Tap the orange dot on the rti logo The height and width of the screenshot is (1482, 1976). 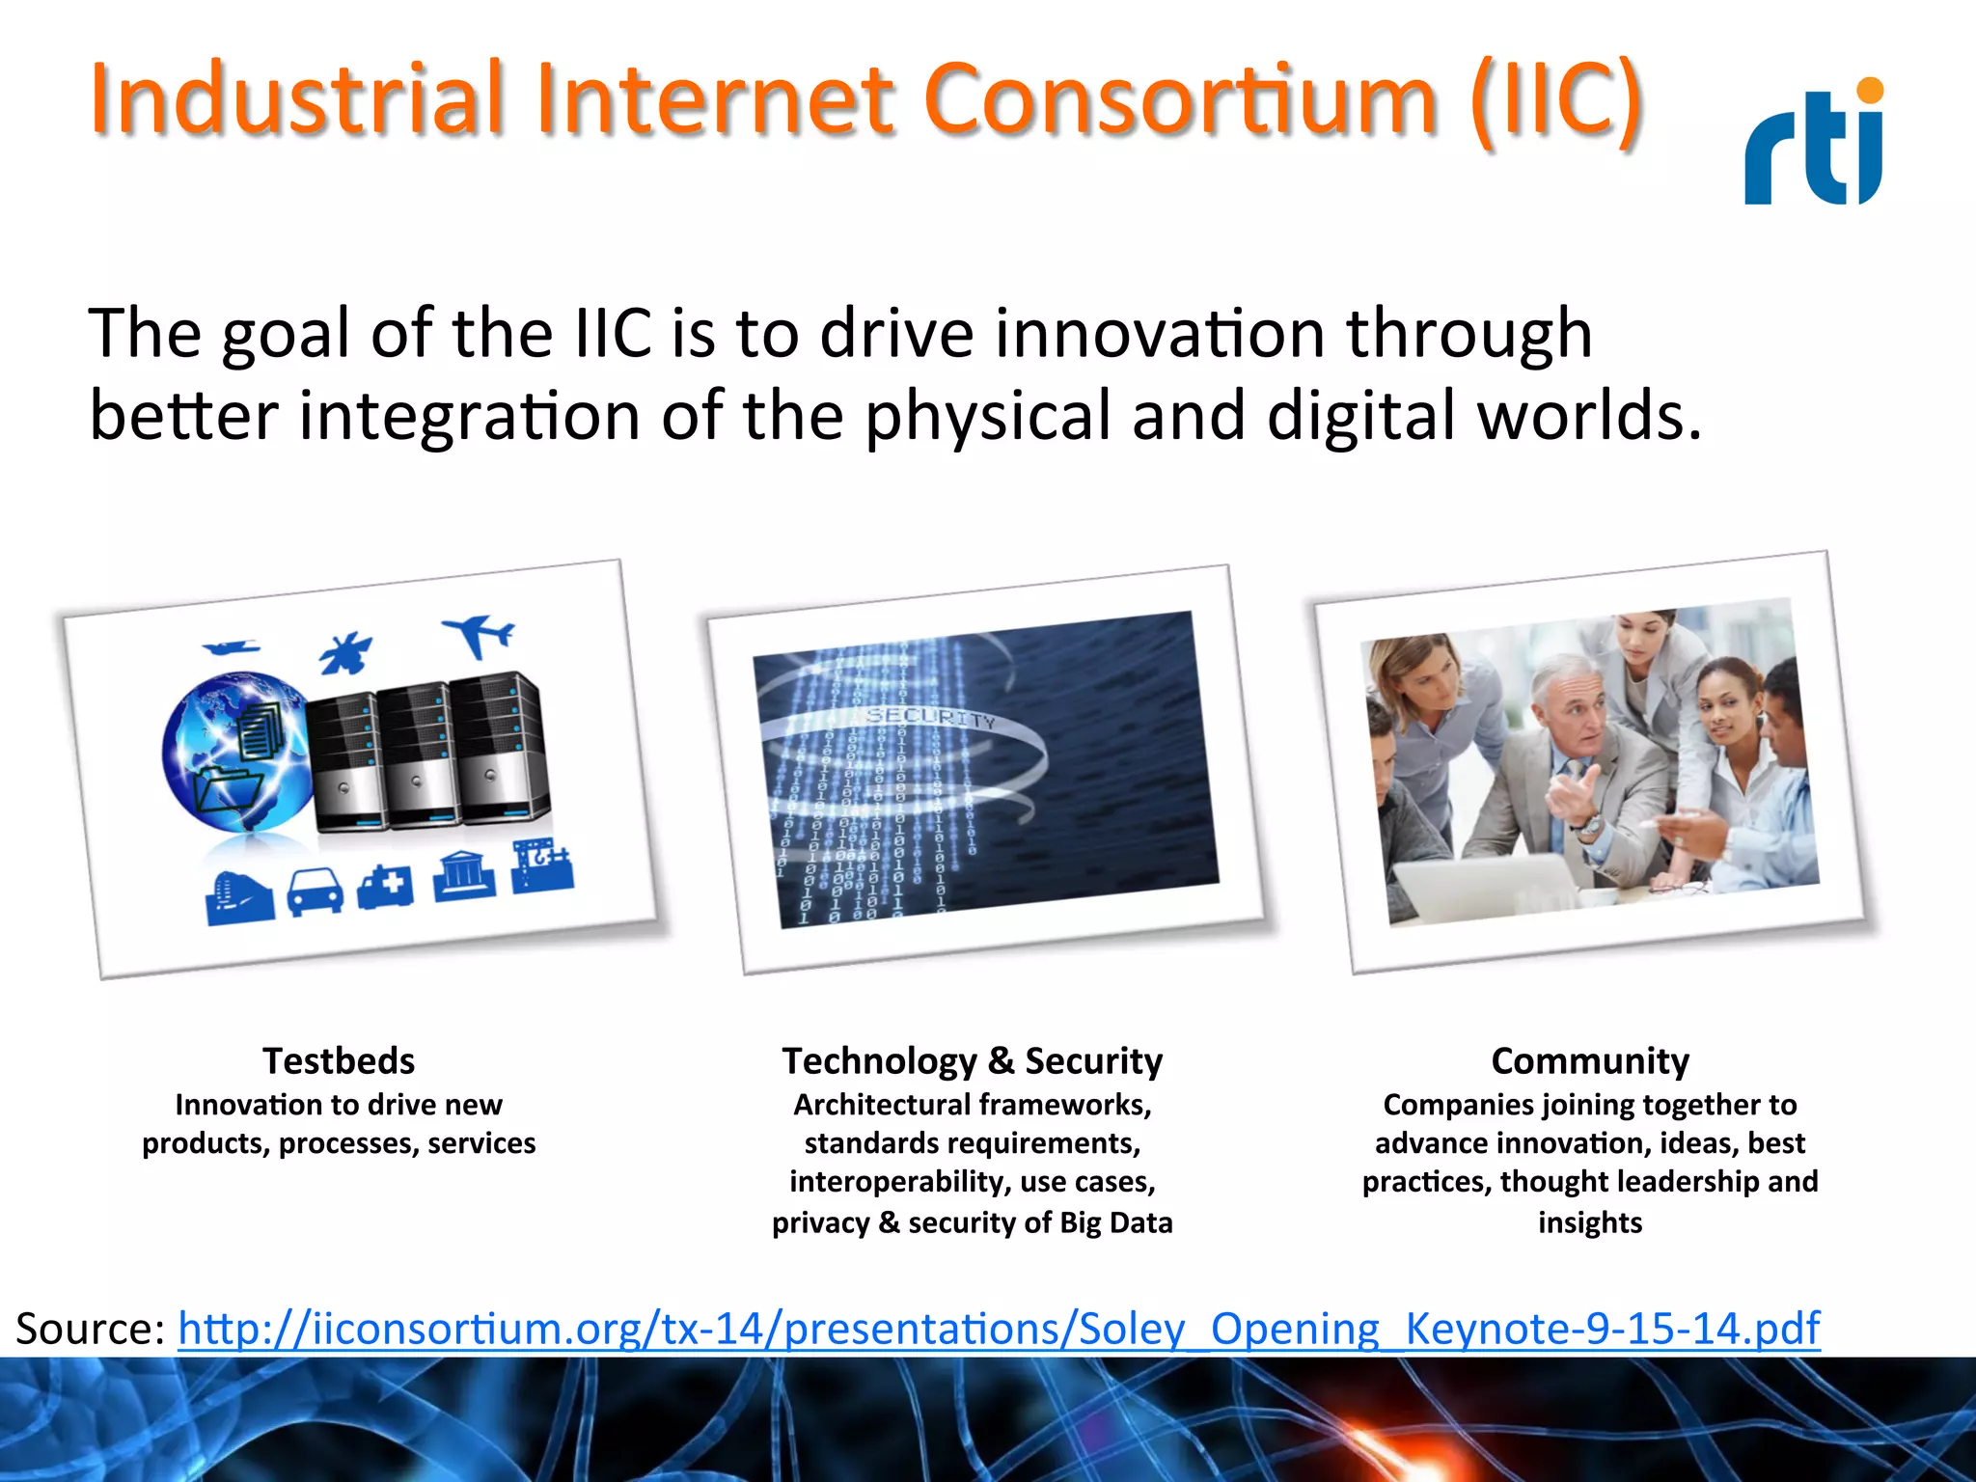pyautogui.click(x=1869, y=91)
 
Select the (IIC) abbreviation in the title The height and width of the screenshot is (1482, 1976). pyautogui.click(x=1555, y=99)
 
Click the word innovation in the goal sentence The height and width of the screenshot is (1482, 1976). pyautogui.click(x=1159, y=333)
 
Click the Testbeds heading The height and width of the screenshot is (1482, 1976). pyautogui.click(x=339, y=1060)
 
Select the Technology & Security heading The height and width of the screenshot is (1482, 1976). pyautogui.click(x=972, y=1060)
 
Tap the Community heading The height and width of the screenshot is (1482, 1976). pyautogui.click(x=1589, y=1060)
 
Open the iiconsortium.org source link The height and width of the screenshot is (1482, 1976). pyautogui.click(x=999, y=1329)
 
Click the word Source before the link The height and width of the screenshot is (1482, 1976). pyautogui.click(x=91, y=1329)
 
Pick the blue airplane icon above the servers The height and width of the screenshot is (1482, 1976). pyautogui.click(x=480, y=635)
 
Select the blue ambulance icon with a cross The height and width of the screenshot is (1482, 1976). pyautogui.click(x=386, y=886)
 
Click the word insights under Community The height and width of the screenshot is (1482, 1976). pyautogui.click(x=1589, y=1222)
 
